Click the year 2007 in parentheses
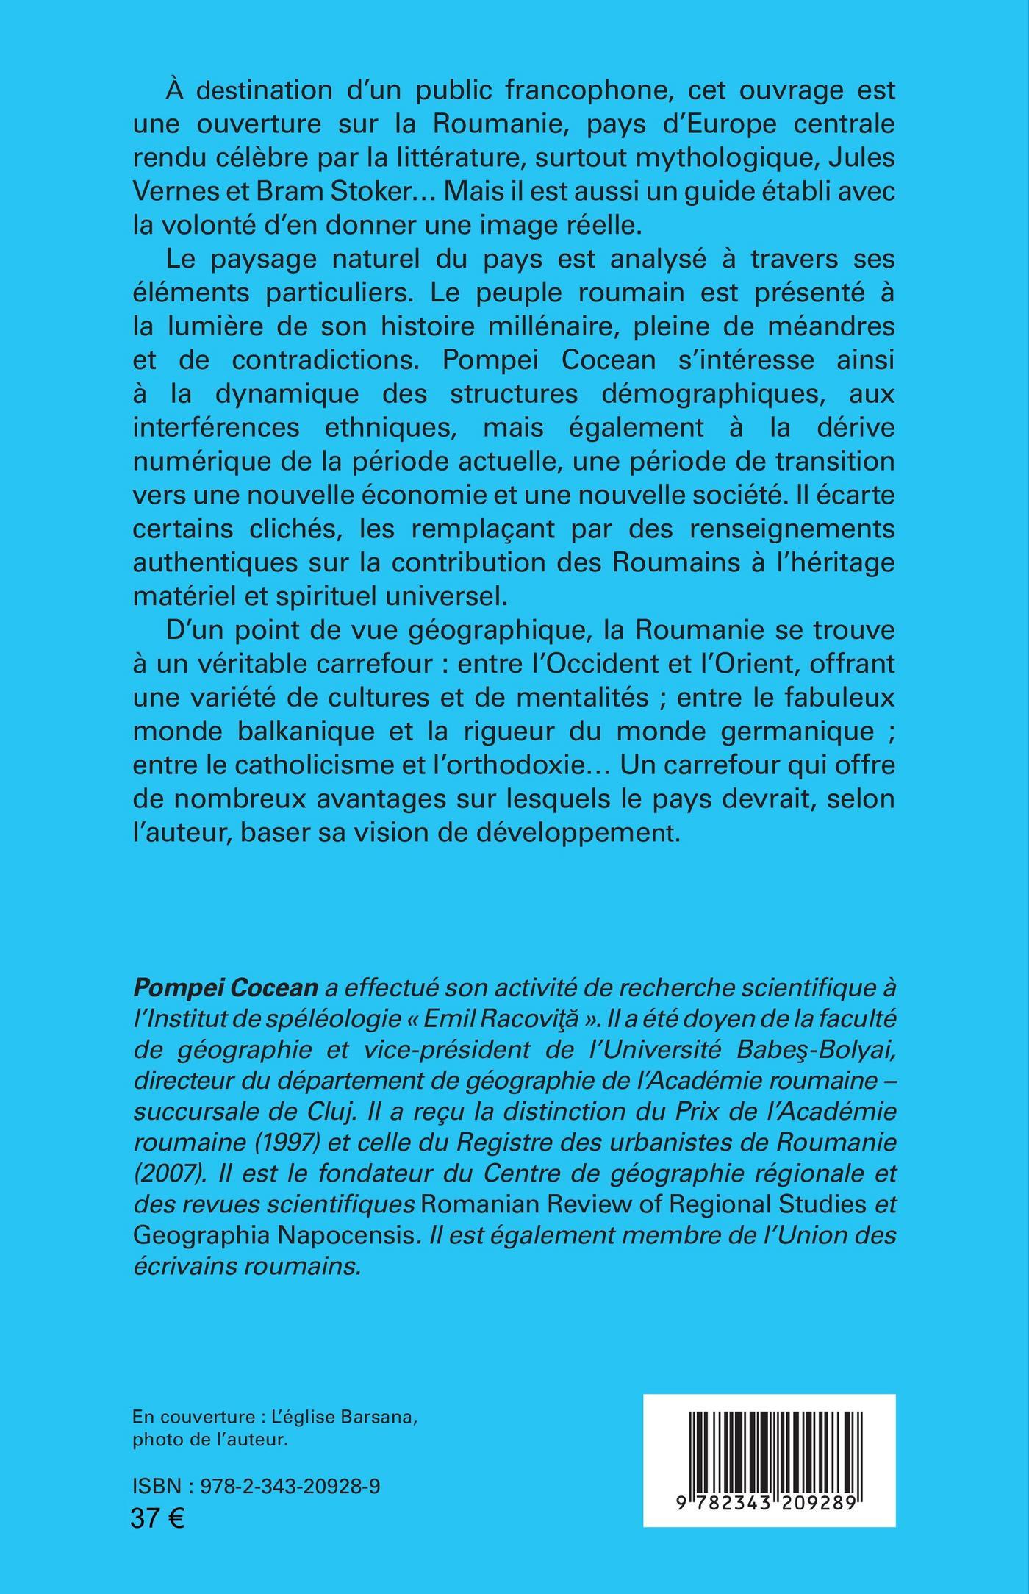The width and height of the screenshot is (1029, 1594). tap(168, 1177)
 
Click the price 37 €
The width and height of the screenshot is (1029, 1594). tap(158, 1516)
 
